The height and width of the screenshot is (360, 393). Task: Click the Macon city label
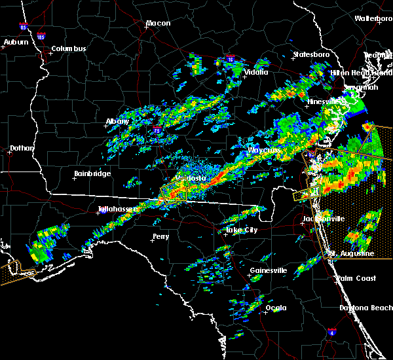tap(158, 24)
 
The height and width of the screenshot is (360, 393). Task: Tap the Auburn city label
tap(16, 43)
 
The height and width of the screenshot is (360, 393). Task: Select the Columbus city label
tap(69, 49)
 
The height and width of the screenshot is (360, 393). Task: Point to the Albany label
tap(118, 121)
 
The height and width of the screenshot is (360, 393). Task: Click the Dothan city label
tap(22, 149)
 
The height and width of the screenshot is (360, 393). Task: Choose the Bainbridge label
tap(92, 174)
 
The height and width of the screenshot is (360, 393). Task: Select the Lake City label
tap(240, 230)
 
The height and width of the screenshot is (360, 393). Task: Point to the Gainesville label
tap(269, 270)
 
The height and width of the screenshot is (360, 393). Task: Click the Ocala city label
tap(276, 308)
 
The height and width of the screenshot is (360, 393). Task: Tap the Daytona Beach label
tap(365, 308)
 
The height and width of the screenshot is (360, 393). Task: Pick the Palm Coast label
tap(356, 278)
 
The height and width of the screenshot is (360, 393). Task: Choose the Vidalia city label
tap(255, 72)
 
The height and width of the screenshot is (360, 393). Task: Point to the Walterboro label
tap(373, 19)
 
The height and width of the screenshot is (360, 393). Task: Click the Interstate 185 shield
tap(41, 37)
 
